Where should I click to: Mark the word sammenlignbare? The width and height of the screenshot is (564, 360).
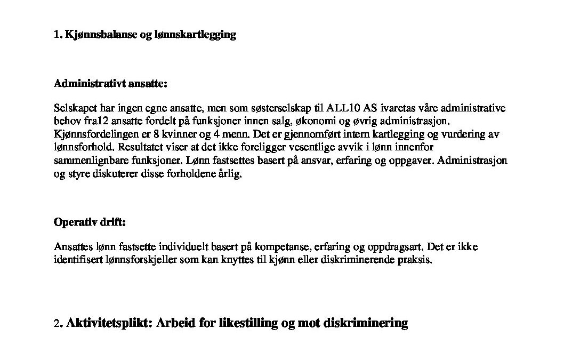pos(87,160)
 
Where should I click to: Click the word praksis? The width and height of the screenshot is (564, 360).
pos(413,260)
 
